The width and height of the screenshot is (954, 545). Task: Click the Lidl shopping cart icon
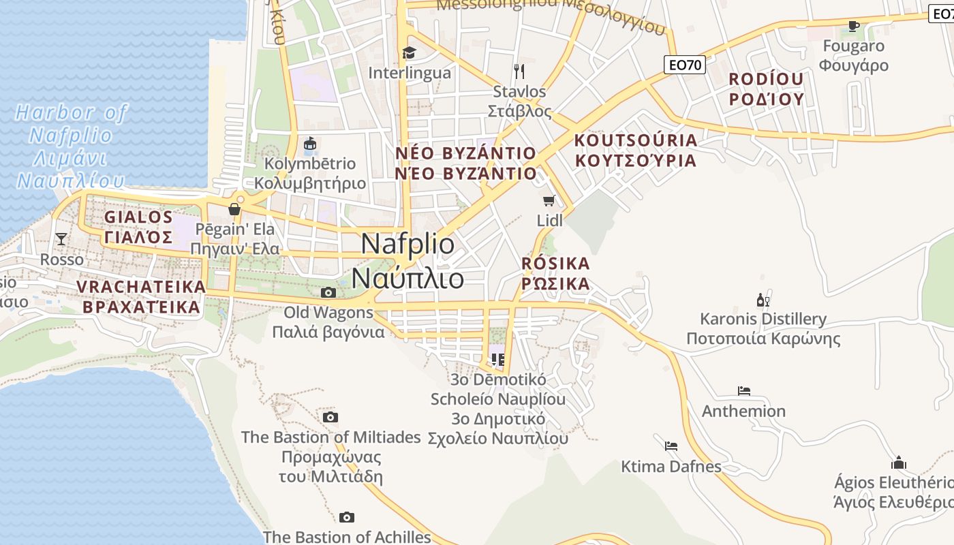click(549, 200)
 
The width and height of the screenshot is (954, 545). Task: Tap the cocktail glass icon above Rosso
click(61, 238)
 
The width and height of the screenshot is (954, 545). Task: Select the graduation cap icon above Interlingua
click(409, 52)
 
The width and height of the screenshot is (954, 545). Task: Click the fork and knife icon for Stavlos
click(519, 71)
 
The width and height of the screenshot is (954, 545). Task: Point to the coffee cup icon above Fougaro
click(853, 26)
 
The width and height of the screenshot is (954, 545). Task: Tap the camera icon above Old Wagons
click(328, 292)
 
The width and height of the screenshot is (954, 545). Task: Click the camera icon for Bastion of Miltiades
click(330, 417)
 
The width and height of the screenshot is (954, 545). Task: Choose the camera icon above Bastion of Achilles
click(347, 517)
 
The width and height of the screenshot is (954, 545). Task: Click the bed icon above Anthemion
click(743, 391)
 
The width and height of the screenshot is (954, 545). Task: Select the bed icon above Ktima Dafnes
click(671, 446)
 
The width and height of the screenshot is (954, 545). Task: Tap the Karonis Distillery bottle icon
click(763, 300)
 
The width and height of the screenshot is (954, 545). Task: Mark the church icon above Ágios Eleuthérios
click(899, 463)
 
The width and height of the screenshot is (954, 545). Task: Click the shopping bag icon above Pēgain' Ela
click(234, 209)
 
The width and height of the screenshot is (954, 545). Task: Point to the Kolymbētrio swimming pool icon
click(310, 144)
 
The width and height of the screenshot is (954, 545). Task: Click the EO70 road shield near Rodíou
click(685, 65)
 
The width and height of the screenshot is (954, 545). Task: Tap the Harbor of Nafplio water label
click(71, 146)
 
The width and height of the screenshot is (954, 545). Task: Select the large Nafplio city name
click(408, 261)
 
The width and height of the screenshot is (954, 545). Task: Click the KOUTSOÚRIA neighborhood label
click(636, 151)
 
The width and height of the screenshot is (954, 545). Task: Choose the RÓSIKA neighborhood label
click(555, 273)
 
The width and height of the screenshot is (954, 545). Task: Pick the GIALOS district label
click(139, 227)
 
